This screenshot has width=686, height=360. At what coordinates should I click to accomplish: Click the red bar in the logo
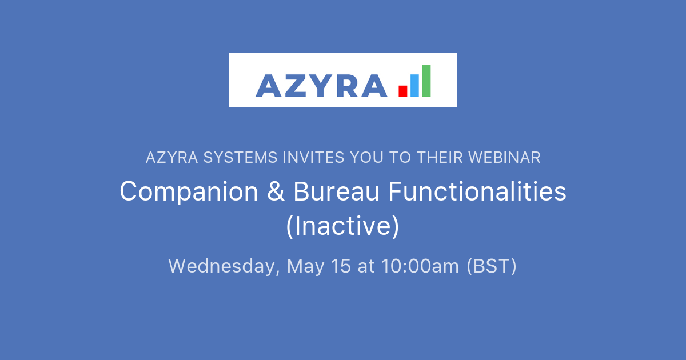tap(403, 91)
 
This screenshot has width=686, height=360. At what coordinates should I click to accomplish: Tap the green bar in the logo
tap(426, 81)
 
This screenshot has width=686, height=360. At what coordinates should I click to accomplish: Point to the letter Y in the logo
tap(322, 86)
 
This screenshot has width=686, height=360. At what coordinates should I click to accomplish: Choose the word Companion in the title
tap(189, 192)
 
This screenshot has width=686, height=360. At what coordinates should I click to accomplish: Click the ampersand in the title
tap(276, 192)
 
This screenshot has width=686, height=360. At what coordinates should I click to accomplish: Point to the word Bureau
tap(336, 192)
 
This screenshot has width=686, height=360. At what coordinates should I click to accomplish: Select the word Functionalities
tap(477, 192)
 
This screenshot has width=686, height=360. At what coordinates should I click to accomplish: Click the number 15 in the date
tap(341, 266)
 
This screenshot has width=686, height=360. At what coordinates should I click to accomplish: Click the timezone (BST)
tap(492, 266)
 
